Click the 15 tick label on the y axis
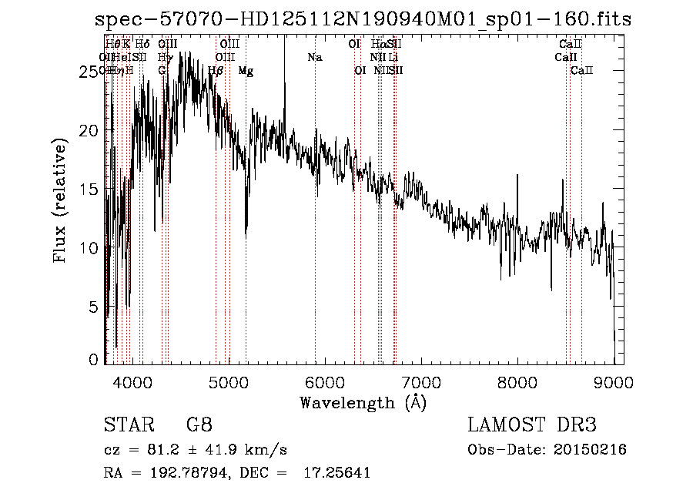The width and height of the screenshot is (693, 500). point(91,189)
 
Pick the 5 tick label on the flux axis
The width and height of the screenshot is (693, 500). point(95,307)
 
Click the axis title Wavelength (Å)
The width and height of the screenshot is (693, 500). point(363,402)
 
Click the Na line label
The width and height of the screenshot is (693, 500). point(314,58)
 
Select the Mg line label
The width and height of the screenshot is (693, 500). point(246,71)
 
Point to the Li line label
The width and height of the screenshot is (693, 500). point(393,58)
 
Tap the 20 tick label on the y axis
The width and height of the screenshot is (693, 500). point(91,130)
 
